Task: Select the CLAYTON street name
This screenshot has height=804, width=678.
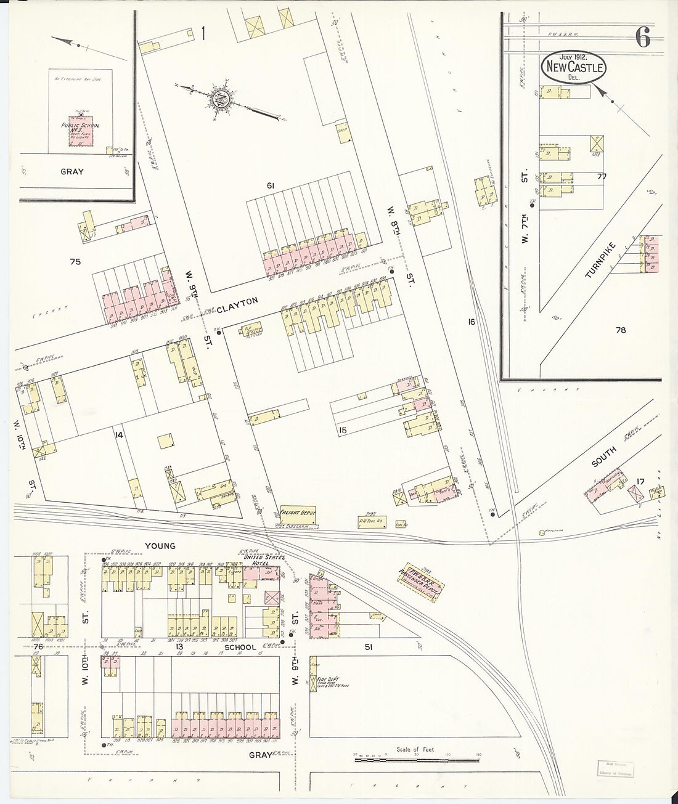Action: tap(237, 301)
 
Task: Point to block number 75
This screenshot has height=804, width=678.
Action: tap(75, 262)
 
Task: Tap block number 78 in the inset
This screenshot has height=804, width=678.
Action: tap(620, 330)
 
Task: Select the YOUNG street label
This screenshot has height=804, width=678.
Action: tap(160, 545)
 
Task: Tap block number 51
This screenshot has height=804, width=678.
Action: tap(369, 648)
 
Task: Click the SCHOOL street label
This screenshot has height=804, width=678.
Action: tap(240, 648)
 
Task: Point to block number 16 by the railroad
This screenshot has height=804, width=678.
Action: tap(471, 322)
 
